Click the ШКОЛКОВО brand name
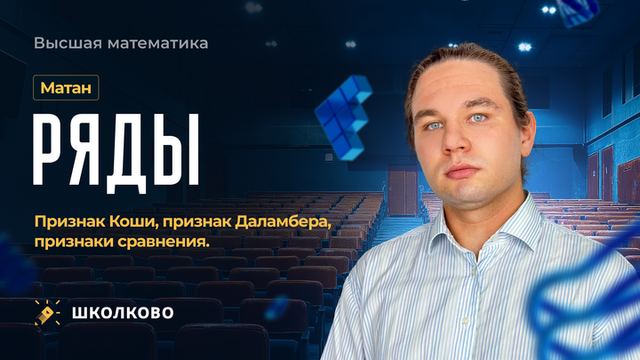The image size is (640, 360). (x=123, y=312)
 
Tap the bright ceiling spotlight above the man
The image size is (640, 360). (x=548, y=9)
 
